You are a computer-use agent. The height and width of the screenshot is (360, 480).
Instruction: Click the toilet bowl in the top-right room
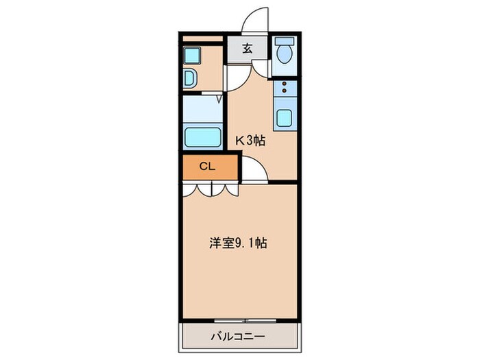click(284, 53)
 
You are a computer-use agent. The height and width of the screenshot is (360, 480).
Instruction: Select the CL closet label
click(207, 166)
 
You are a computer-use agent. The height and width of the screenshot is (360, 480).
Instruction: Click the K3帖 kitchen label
click(250, 141)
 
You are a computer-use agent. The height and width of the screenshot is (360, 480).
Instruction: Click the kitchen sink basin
click(285, 118)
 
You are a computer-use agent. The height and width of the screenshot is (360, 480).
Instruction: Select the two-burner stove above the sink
click(284, 88)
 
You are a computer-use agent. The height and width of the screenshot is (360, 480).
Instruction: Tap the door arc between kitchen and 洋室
click(254, 171)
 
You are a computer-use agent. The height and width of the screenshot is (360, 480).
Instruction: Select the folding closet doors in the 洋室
click(210, 189)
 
